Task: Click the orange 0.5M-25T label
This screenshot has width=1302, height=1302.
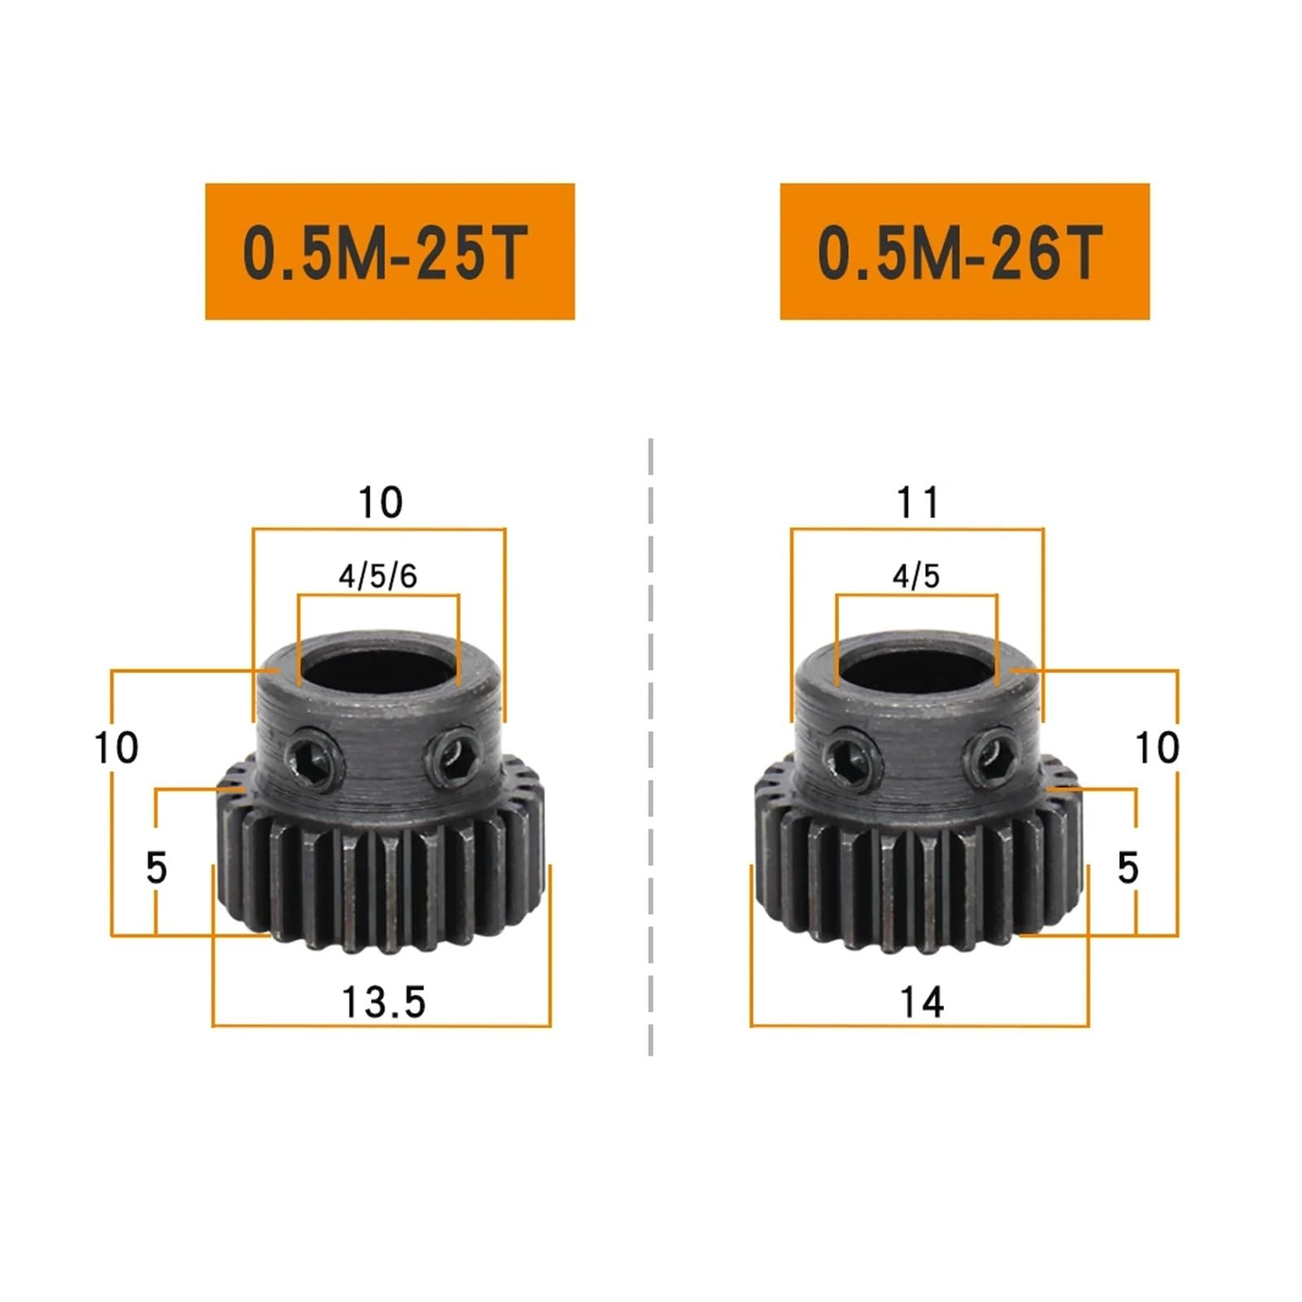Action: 390,251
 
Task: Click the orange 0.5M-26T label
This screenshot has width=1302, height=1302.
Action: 964,251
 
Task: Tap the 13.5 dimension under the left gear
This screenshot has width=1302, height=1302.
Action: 383,1002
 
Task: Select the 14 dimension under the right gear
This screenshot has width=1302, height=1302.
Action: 921,1002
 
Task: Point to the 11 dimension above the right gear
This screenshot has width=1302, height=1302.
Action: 918,502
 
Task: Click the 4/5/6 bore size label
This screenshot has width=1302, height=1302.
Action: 378,576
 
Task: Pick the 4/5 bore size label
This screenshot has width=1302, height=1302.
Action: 915,576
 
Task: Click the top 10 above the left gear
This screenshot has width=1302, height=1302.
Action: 380,502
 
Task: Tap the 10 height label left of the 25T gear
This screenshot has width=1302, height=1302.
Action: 116,748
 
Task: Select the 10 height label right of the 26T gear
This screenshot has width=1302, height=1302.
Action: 1156,748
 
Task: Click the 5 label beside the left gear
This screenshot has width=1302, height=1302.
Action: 156,867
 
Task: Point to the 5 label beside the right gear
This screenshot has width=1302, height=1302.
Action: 1127,867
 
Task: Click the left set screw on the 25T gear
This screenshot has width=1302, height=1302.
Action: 310,758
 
